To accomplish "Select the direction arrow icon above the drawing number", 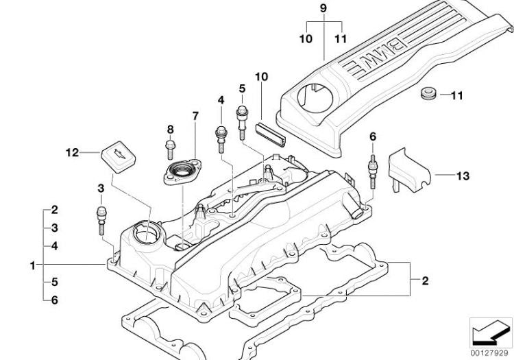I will pos(490,333).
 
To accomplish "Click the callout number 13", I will pos(463,176).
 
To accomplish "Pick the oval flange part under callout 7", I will pos(182,171).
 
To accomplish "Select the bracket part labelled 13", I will pos(407,167).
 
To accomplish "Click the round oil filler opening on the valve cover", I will pos(147,233).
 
